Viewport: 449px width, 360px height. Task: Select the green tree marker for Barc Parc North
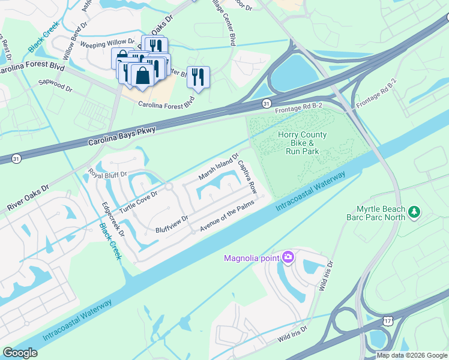point(414,212)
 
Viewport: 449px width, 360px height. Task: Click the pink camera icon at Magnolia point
point(288,257)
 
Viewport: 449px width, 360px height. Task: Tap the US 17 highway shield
point(385,323)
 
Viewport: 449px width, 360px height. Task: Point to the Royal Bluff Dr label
point(108,175)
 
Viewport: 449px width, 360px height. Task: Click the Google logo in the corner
point(20,352)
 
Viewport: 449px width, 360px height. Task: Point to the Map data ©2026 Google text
point(412,355)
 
